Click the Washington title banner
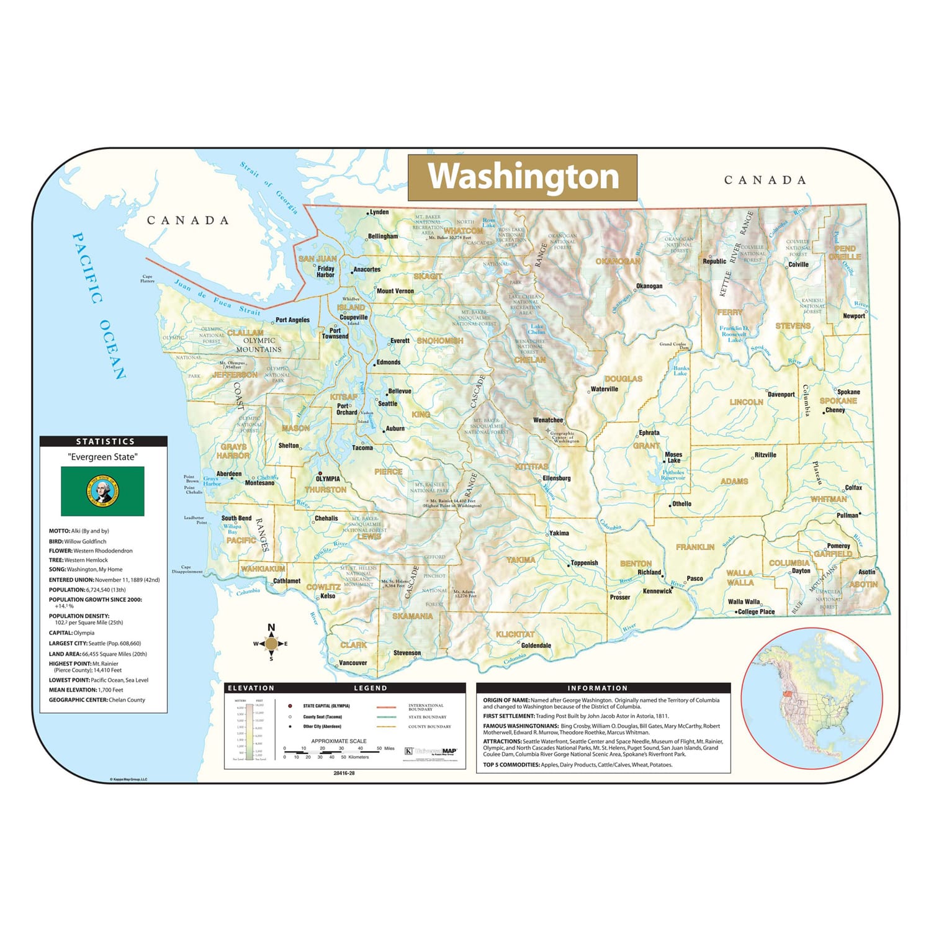tap(523, 177)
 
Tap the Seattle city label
tap(388, 403)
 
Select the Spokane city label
tap(848, 392)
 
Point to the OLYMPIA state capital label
tap(328, 479)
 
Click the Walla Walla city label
tap(744, 601)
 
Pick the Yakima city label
tap(559, 533)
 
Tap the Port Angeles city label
tap(292, 320)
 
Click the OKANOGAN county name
tap(618, 261)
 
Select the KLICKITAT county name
tap(515, 634)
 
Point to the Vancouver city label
tap(353, 663)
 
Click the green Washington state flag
tap(102, 491)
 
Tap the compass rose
tap(271, 644)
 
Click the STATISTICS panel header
tap(104, 441)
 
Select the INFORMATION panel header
tap(597, 688)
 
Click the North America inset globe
tap(812, 698)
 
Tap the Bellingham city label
tap(383, 236)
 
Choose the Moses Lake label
tap(673, 457)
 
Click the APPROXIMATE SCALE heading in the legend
tap(339, 741)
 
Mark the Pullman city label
tap(847, 515)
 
